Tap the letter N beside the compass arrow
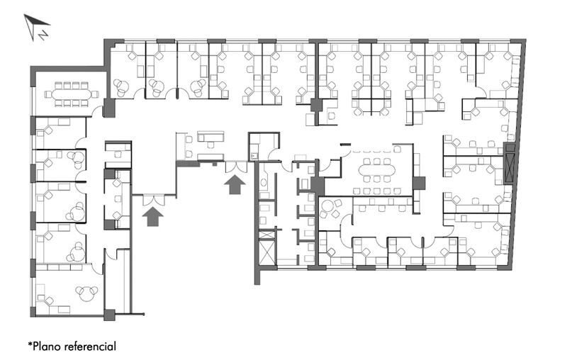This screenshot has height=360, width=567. (x=44, y=35)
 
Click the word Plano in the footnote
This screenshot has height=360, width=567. (x=47, y=347)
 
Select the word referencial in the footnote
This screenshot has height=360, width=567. (x=91, y=347)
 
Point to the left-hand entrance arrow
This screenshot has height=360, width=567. (x=152, y=217)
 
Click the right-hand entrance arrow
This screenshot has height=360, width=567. (x=235, y=184)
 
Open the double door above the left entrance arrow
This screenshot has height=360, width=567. (x=154, y=201)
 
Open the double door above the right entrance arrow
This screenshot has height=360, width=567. (x=236, y=167)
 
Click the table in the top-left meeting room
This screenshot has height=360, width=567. (x=72, y=95)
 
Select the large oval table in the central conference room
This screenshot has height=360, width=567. (x=377, y=170)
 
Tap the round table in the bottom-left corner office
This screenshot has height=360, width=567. (x=86, y=294)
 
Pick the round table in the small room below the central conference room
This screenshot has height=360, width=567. (x=327, y=207)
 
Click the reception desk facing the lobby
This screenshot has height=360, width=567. (x=210, y=137)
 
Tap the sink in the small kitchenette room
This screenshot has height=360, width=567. (x=254, y=156)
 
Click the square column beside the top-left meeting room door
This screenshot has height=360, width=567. (x=109, y=107)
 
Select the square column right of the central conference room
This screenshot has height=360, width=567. (x=419, y=183)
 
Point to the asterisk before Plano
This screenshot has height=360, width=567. (x=30, y=344)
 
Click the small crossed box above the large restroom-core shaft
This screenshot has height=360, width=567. (x=267, y=235)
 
